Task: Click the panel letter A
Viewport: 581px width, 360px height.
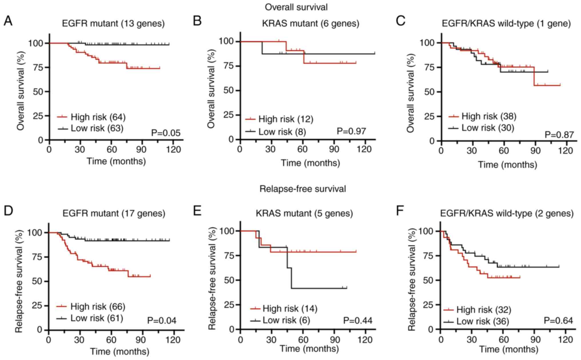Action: pos(8,21)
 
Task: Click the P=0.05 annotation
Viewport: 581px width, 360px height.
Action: pos(166,133)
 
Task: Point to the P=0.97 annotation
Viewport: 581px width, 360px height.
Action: pos(351,131)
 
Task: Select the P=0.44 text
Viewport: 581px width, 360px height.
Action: pos(358,321)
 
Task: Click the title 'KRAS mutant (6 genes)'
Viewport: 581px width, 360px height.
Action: pos(311,23)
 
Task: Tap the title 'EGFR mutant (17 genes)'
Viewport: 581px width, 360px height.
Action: pos(114,213)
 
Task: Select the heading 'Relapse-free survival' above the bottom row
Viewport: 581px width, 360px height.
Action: pos(303,189)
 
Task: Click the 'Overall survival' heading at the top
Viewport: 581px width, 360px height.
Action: pos(296,7)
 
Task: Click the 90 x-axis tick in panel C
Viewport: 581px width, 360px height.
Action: pos(535,150)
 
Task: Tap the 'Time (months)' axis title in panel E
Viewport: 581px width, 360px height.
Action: pos(309,349)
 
